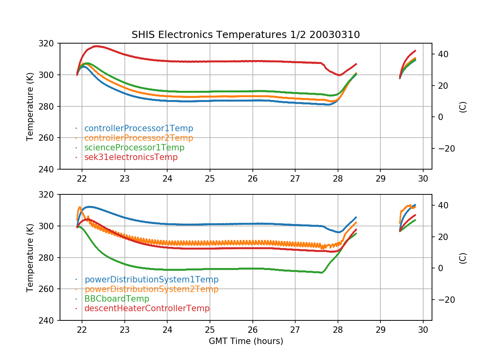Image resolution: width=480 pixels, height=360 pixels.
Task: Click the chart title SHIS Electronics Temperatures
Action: click(x=246, y=35)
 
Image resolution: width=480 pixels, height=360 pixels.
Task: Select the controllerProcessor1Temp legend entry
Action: click(x=138, y=128)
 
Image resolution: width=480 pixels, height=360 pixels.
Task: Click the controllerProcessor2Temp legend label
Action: click(x=138, y=138)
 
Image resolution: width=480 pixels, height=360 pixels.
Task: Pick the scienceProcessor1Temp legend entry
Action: click(x=134, y=148)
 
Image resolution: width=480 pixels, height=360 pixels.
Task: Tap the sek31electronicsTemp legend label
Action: click(x=131, y=157)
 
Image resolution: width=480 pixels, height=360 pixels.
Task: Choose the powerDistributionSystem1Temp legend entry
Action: click(x=151, y=280)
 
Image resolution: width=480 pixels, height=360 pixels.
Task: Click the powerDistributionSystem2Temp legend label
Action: click(x=151, y=289)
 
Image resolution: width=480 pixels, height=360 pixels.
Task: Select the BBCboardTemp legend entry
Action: click(x=116, y=299)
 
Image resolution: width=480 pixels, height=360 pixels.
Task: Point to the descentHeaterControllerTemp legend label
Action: click(x=147, y=308)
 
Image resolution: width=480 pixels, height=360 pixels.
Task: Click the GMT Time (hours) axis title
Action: click(x=246, y=341)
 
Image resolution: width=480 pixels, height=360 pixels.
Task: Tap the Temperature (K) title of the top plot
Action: click(x=30, y=106)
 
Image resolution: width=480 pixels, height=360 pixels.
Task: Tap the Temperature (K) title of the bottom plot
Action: click(x=30, y=258)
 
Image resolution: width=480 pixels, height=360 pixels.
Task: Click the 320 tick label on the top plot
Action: click(x=49, y=43)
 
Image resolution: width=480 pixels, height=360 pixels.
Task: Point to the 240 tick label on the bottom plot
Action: click(x=49, y=320)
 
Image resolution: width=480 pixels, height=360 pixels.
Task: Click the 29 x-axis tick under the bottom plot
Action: click(x=380, y=330)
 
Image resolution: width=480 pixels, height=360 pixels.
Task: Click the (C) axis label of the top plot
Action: click(x=463, y=106)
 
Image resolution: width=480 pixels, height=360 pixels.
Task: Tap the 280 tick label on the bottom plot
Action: click(x=49, y=258)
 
